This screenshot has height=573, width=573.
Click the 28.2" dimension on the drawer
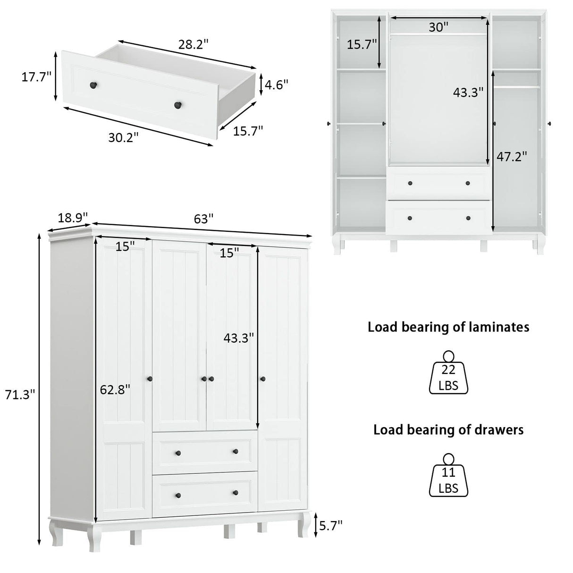pos(194,44)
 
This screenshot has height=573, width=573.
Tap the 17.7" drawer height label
pos(36,77)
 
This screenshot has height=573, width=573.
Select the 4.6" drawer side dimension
pos(276,85)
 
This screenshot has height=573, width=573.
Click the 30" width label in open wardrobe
pos(438,27)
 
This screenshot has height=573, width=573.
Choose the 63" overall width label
pos(204,219)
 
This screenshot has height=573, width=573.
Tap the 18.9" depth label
pos(73,218)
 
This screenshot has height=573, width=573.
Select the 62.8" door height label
pos(115,389)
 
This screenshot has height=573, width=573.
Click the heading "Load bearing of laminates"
pos(448,327)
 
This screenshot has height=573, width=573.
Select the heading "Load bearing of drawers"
pos(448,430)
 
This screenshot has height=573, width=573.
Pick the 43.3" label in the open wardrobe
pos(468,93)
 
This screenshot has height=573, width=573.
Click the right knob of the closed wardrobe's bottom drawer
pos(235,493)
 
